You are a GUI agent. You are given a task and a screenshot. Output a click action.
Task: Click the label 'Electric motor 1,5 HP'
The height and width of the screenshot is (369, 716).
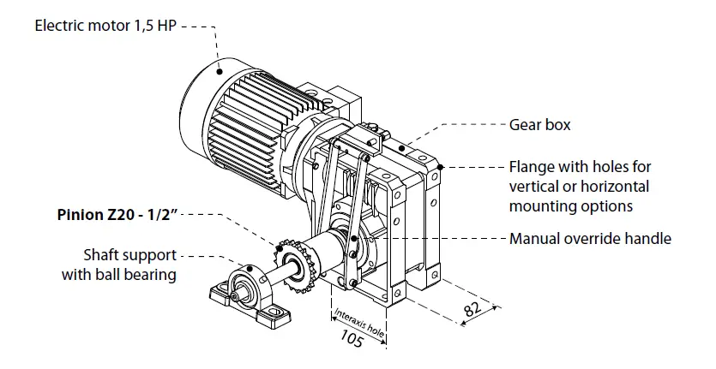coord(105,26)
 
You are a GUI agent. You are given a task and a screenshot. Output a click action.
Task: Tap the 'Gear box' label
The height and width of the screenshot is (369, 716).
coord(539,125)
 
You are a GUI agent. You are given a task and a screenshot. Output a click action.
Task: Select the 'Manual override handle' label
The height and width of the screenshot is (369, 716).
coord(590,238)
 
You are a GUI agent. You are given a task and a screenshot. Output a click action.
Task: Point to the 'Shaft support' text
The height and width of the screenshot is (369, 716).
coord(129,255)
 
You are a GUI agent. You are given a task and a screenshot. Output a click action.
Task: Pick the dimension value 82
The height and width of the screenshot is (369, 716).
coord(472,312)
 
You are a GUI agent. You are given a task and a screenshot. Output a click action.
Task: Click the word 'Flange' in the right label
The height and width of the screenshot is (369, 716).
coord(530,166)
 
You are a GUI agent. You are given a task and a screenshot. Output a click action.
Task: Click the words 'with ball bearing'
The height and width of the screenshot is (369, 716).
coord(119,275)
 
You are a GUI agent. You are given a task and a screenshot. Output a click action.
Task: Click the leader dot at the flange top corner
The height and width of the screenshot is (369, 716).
coord(440,165)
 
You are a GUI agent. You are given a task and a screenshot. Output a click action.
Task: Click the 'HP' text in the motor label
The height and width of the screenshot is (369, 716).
coord(168,26)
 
